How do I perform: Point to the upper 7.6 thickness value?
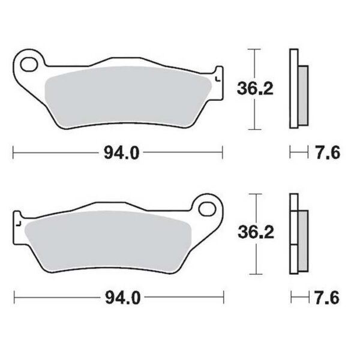327,154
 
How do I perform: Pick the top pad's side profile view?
297,88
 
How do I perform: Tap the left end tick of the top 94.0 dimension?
13,154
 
